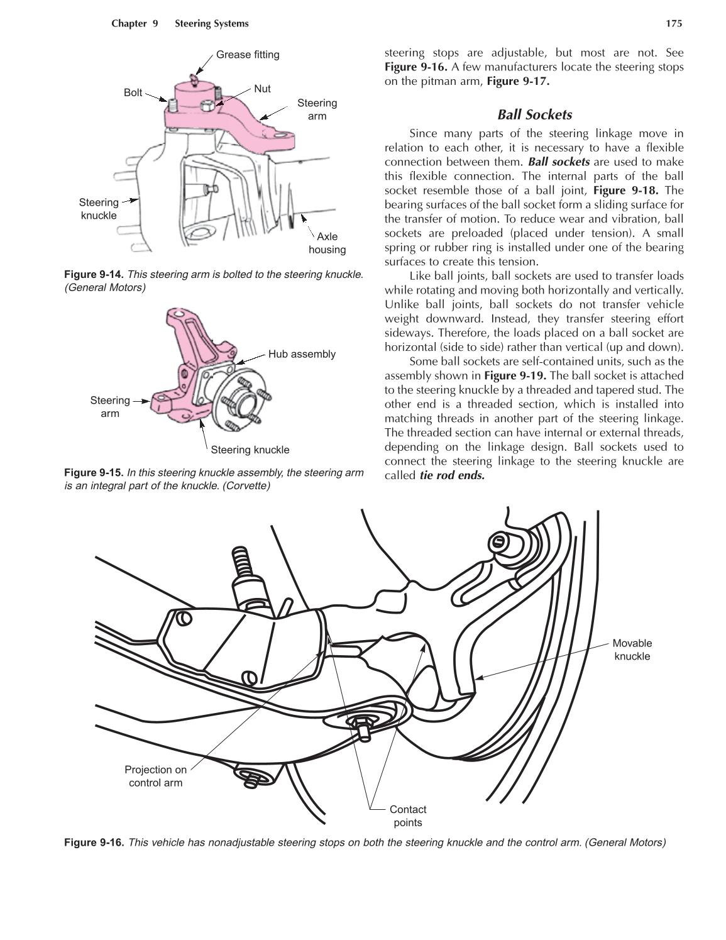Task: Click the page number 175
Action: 674,24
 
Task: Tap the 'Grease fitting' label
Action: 248,55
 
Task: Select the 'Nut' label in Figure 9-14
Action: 262,89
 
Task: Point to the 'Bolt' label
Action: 133,92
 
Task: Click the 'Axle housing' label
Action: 327,243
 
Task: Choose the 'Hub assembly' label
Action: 302,354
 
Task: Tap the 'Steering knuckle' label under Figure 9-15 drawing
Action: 250,450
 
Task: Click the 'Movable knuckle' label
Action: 632,650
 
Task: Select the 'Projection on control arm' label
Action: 155,776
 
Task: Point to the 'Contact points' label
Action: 407,816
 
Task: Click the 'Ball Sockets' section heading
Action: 534,114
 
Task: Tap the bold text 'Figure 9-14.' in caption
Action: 94,275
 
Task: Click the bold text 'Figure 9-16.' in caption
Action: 94,842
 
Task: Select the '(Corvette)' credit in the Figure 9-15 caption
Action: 246,485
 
